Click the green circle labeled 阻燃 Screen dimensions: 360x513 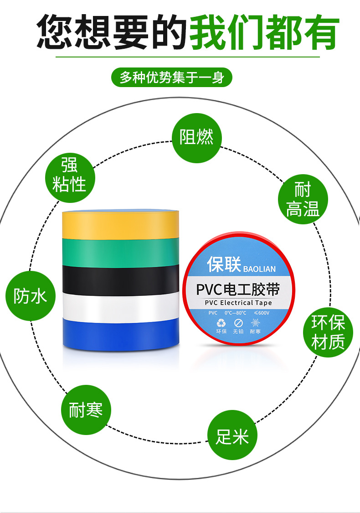(196, 137)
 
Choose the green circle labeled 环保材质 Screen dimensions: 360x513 (328, 332)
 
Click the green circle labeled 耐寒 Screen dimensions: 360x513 (86, 409)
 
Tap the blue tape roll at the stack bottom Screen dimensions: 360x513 (119, 335)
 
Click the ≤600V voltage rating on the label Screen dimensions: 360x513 (262, 313)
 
